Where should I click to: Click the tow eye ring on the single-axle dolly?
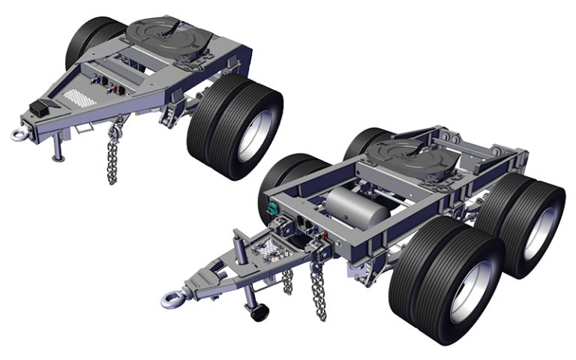pyautogui.click(x=17, y=134)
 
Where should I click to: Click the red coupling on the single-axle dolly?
pyautogui.click(x=114, y=88)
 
